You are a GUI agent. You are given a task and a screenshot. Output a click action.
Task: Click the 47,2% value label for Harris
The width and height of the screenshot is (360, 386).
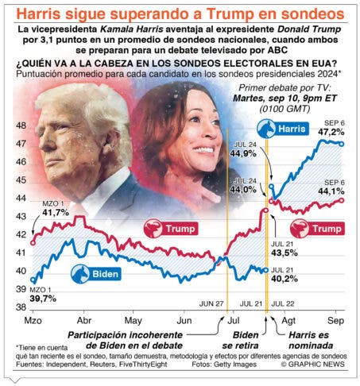tap(331, 132)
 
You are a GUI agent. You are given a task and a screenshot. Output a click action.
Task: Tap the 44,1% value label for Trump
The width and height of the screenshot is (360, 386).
tap(331, 191)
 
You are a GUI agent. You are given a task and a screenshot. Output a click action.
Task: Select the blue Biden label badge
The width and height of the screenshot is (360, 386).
tap(96, 274)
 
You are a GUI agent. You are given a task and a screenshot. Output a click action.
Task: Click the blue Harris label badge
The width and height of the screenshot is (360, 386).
tap(283, 129)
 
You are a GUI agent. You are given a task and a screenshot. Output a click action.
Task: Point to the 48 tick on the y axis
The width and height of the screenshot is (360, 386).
tap(21, 125)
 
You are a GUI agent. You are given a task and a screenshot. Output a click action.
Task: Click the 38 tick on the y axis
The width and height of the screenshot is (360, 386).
tap(21, 307)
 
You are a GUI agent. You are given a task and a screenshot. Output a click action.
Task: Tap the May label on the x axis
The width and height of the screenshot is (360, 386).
tap(133, 321)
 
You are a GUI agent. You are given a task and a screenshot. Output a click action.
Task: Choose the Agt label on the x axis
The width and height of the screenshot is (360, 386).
tap(288, 321)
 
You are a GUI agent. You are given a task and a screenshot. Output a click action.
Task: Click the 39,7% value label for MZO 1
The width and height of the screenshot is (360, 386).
tap(43, 299)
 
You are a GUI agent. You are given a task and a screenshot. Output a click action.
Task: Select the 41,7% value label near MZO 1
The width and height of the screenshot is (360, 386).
tap(56, 212)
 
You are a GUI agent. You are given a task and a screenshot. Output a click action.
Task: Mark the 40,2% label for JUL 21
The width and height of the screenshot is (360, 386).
tap(285, 279)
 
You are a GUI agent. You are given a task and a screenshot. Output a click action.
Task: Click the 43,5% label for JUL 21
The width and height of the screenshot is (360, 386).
tap(285, 253)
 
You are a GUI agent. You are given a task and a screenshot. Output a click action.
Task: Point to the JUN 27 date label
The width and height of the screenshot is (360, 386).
tap(211, 303)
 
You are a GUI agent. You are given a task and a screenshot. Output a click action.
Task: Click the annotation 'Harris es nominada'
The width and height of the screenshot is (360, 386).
tap(311, 340)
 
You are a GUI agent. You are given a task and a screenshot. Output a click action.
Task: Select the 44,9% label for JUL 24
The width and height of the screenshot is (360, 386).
tap(243, 153)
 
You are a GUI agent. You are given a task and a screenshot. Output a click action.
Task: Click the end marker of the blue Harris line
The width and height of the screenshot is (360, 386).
tap(342, 144)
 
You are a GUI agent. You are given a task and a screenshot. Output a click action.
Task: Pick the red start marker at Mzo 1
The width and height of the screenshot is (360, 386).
tap(33, 242)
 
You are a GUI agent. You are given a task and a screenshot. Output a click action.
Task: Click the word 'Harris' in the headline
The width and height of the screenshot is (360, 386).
tap(39, 14)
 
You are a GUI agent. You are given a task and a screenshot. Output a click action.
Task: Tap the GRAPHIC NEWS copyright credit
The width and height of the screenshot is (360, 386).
tap(313, 365)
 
